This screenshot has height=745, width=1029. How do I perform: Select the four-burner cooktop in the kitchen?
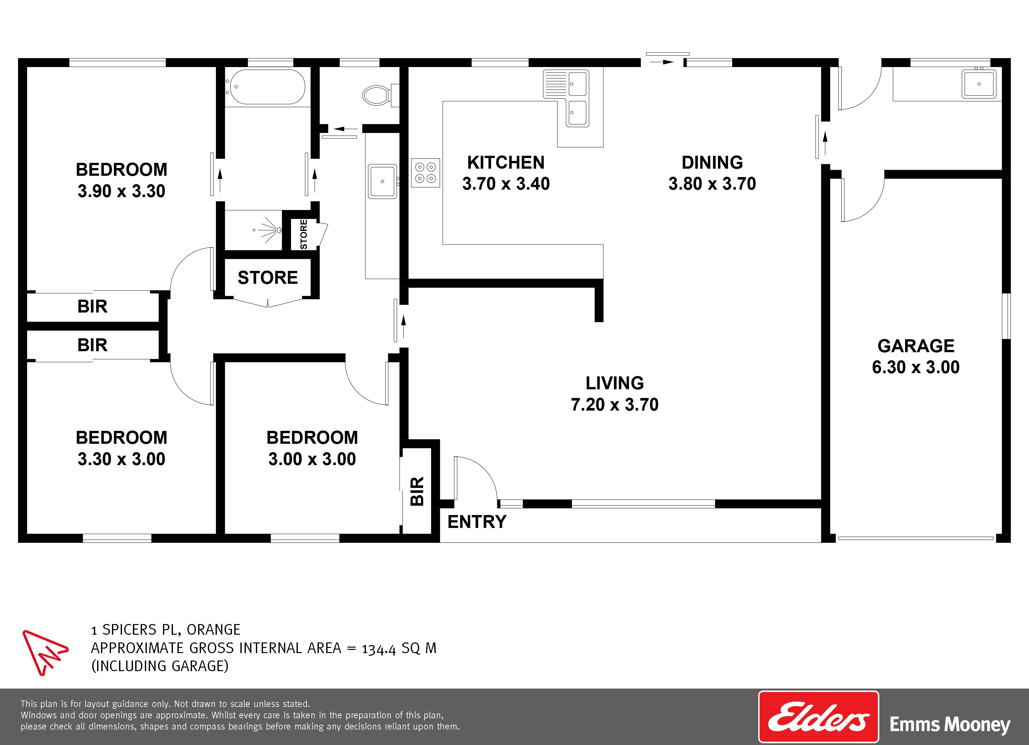pos(426,173)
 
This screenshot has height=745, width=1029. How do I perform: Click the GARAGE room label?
pos(915,346)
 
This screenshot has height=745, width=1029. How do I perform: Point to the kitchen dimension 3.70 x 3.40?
pos(506,184)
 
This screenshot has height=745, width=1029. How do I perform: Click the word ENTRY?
pos(477,522)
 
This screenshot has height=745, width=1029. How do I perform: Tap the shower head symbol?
pos(270,229)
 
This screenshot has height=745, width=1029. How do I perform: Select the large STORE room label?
pos(268,277)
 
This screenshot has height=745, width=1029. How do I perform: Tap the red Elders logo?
pos(819,717)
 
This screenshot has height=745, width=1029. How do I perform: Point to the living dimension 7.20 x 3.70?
pos(614,404)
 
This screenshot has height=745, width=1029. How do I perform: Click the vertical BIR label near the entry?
pos(417,492)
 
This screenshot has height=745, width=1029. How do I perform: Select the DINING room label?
pos(712,162)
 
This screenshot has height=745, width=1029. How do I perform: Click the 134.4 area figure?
pos(379,649)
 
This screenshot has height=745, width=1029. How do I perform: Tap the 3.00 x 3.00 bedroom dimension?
pos(312,459)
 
